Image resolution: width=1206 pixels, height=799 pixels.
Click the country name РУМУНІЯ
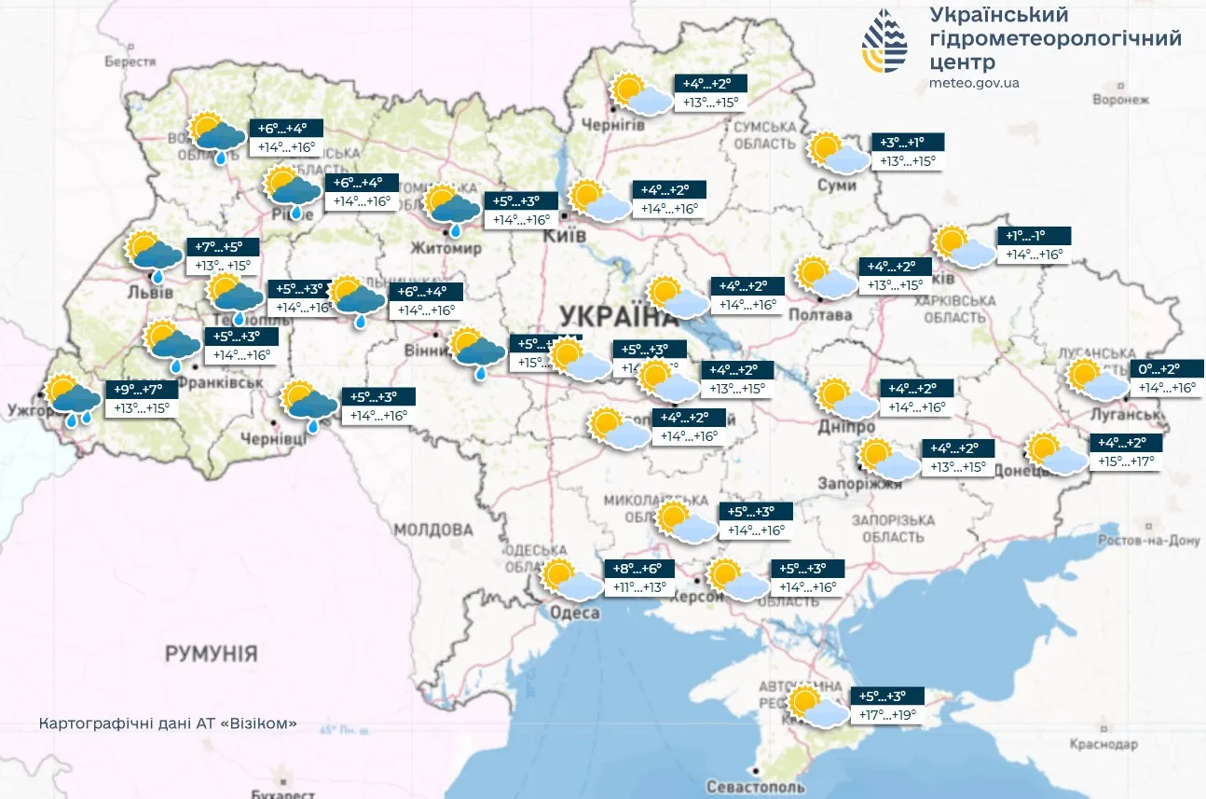(x=211, y=654)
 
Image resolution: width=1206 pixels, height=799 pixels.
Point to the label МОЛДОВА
(x=432, y=530)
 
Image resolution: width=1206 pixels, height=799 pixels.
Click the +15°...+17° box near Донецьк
(x=1127, y=461)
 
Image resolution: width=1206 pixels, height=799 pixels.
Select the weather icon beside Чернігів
(x=642, y=95)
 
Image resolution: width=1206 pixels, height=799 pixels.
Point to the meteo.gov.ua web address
(x=974, y=83)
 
